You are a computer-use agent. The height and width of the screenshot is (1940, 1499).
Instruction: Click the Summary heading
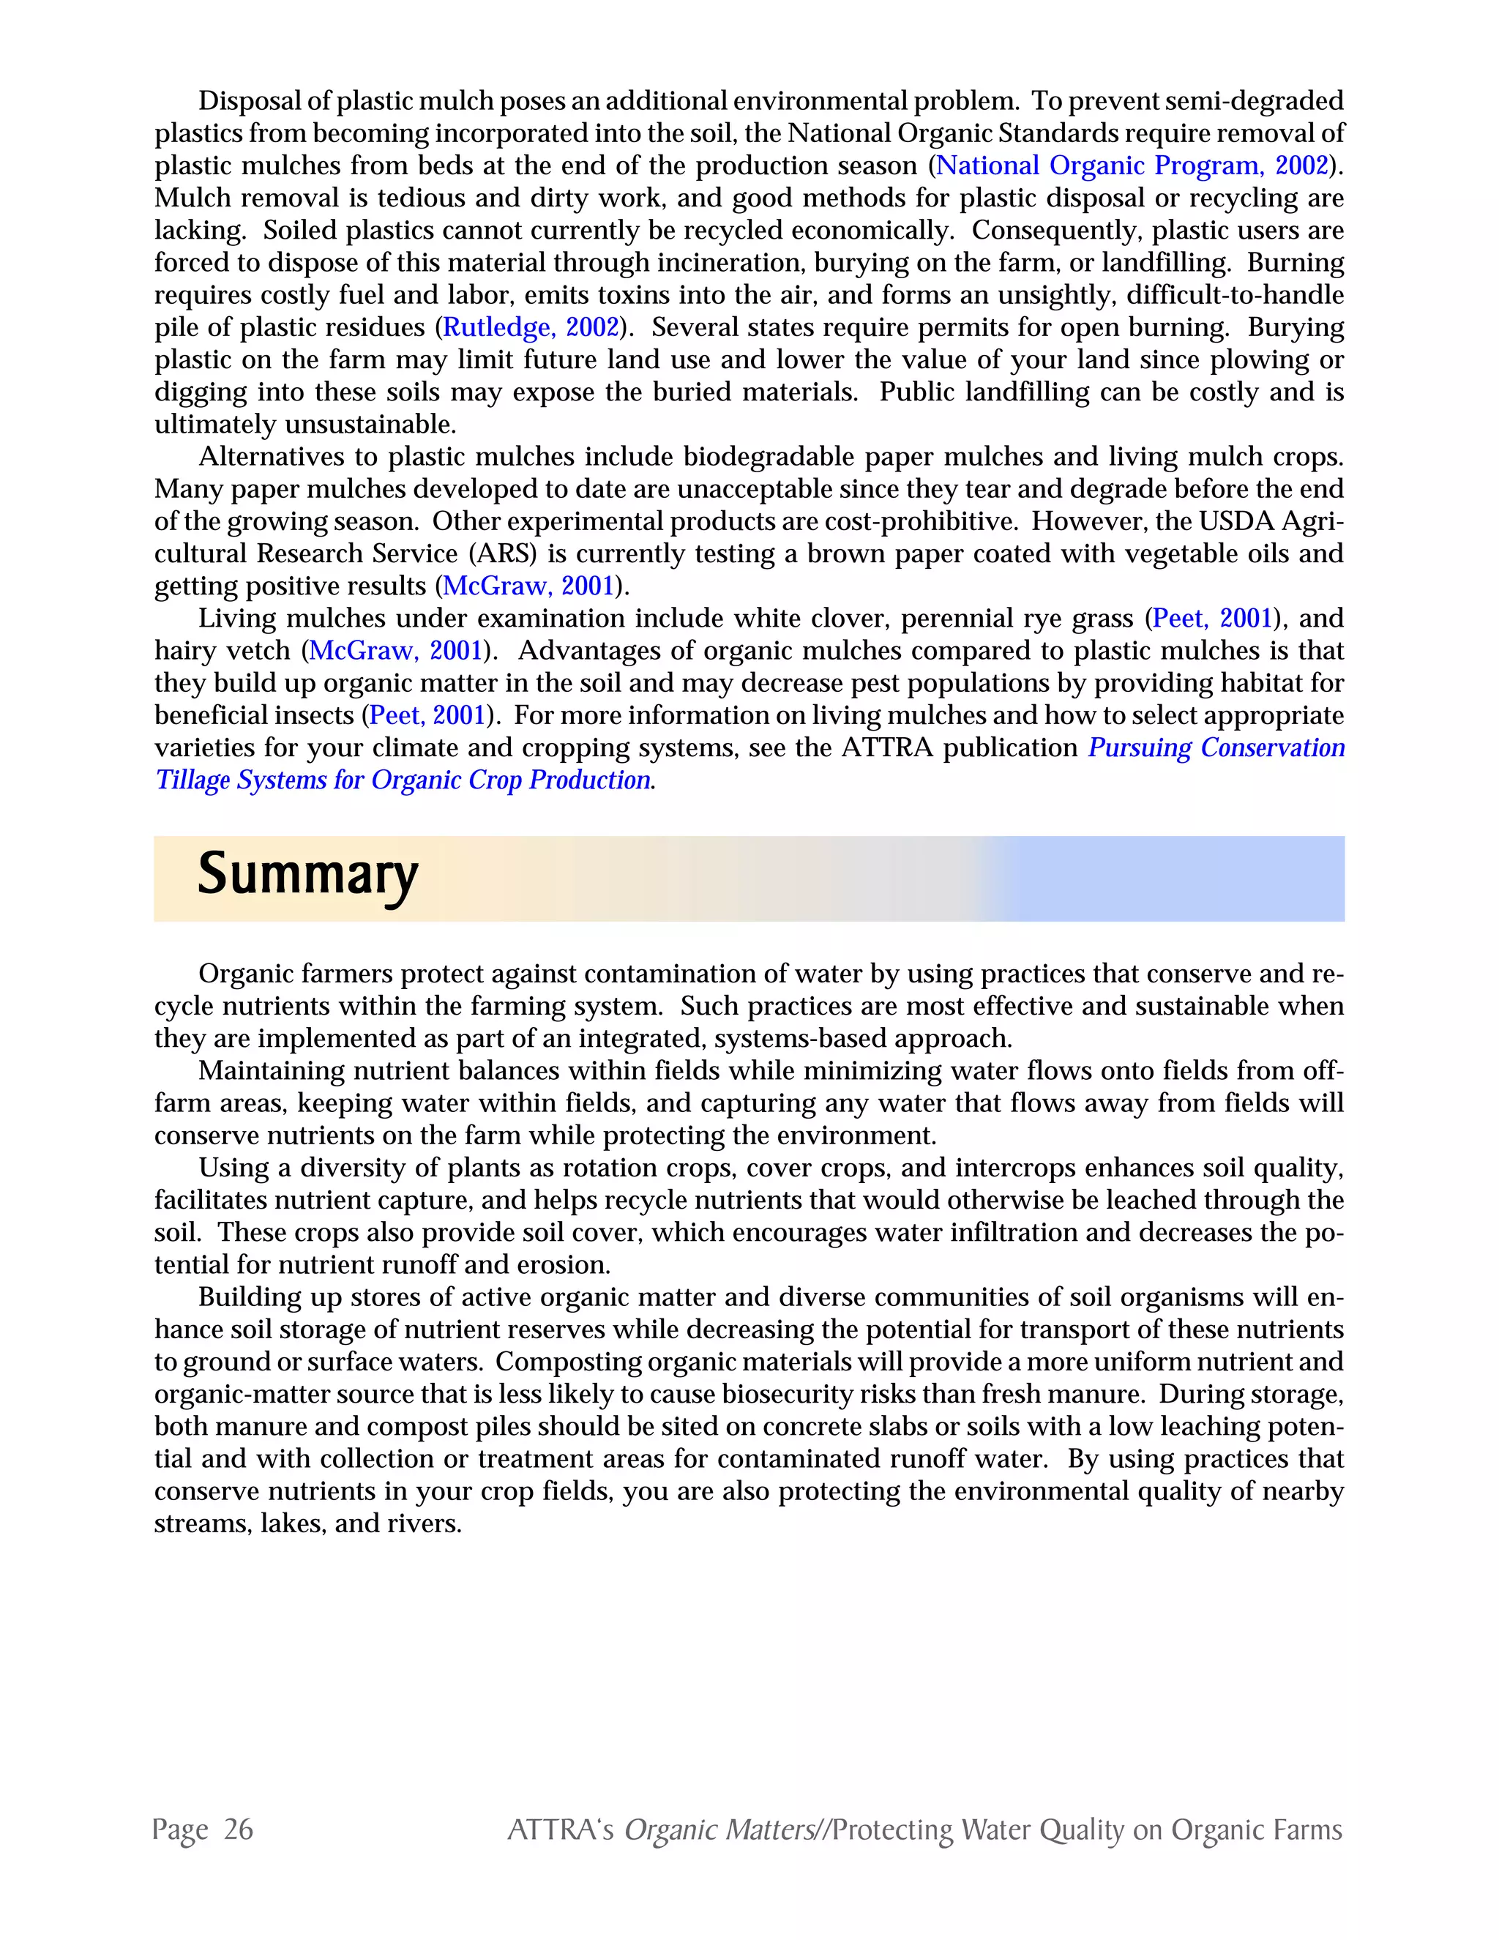[x=307, y=876]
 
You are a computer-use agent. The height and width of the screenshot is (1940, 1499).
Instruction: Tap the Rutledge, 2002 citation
[x=530, y=328]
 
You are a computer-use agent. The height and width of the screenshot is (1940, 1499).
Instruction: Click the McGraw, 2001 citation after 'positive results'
[x=529, y=586]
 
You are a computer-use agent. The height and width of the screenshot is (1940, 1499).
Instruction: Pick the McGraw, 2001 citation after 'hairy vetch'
[x=396, y=651]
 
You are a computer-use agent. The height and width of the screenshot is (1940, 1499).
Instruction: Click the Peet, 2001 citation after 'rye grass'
[x=1213, y=619]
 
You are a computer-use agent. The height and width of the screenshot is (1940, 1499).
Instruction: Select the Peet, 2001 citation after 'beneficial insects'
[x=428, y=716]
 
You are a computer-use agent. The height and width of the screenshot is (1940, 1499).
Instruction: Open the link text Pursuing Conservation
[x=1216, y=748]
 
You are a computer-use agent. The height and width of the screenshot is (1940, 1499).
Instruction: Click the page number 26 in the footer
[x=238, y=1830]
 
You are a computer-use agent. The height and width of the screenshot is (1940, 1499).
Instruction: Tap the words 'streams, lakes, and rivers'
[x=307, y=1523]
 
